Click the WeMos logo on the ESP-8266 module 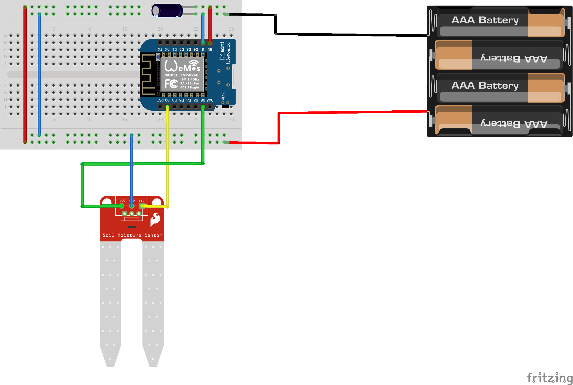[x=182, y=66]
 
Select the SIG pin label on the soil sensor [x=142, y=201]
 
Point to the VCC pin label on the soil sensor [x=122, y=201]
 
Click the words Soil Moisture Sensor [x=132, y=235]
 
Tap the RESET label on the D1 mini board [x=223, y=94]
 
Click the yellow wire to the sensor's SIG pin [x=167, y=158]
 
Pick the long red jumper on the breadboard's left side [x=25, y=74]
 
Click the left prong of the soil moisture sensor [x=110, y=304]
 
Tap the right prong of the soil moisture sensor [x=153, y=304]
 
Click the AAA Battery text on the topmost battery [x=485, y=20]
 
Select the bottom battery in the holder [x=499, y=120]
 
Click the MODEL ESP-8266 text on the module [x=181, y=75]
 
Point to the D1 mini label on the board [x=222, y=51]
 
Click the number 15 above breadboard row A [x=125, y=29]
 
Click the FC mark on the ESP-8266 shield [x=171, y=84]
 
